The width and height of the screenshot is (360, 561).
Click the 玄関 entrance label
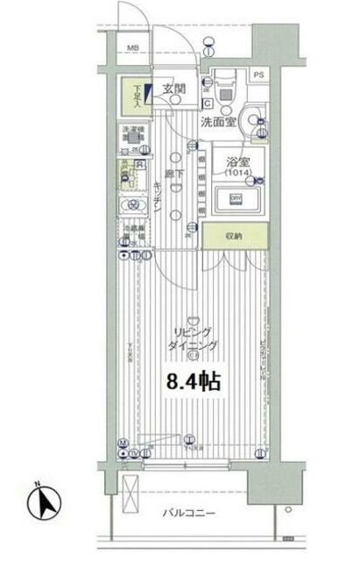point(173,89)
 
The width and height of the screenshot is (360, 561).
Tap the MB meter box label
point(135,48)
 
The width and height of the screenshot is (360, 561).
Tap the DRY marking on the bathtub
point(235,199)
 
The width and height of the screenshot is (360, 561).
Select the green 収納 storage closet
point(234,235)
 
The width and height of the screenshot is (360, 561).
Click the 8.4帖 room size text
point(194,382)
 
